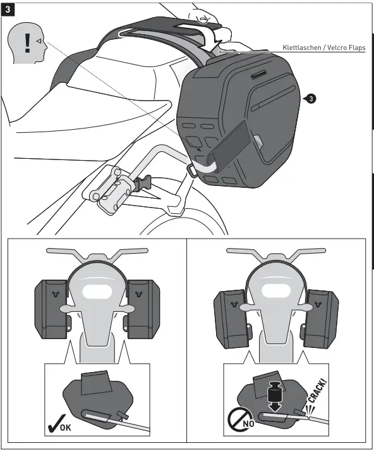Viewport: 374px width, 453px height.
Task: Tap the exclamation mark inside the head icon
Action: point(27,43)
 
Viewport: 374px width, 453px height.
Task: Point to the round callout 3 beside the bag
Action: point(311,99)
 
